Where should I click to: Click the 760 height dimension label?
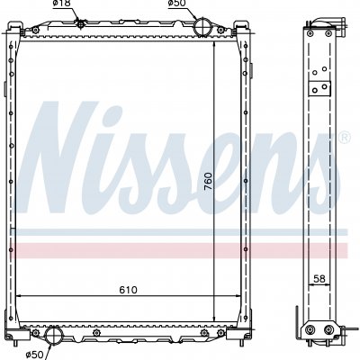click(208, 181)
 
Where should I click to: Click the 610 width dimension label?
click(128, 290)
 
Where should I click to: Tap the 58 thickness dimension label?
click(319, 279)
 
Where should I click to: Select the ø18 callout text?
click(61, 4)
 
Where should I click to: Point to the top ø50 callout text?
click(177, 4)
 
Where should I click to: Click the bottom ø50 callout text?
click(35, 355)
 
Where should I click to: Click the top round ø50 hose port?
click(203, 26)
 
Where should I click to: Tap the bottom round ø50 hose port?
click(54, 335)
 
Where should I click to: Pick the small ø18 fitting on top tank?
click(80, 23)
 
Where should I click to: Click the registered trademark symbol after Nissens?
click(345, 137)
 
